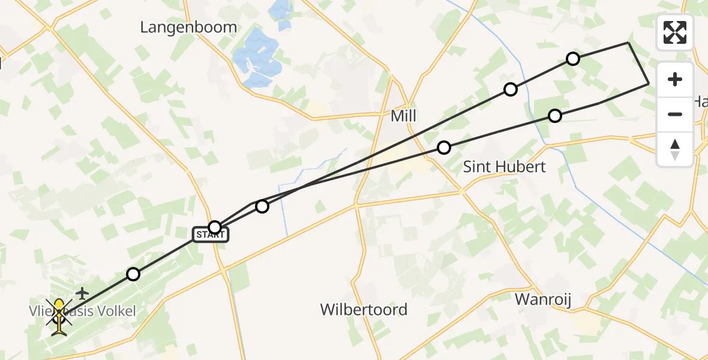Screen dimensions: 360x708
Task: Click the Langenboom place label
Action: point(188,27)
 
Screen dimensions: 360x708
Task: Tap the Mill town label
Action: point(403,116)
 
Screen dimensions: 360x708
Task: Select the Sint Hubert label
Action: point(505,166)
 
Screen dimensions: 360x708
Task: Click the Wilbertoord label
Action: point(364,310)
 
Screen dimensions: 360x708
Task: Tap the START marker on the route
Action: point(211,235)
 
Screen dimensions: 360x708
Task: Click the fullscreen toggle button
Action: point(675,32)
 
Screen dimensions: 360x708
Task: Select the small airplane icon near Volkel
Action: point(82,293)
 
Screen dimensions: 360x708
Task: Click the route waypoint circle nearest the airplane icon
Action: point(133,274)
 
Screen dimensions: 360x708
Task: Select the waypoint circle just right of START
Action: point(262,206)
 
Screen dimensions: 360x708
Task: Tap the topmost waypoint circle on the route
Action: point(573,59)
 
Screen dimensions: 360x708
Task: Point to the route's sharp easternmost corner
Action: point(649,84)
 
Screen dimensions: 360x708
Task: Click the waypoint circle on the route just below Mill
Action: point(443,147)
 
